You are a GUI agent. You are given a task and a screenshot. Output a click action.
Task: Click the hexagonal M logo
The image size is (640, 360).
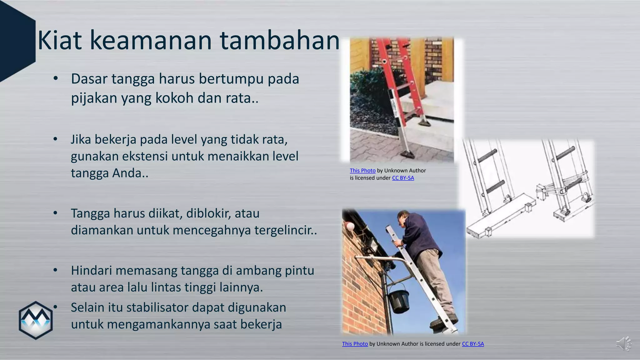36,320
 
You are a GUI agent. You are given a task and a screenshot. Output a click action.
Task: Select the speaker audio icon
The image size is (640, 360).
624,344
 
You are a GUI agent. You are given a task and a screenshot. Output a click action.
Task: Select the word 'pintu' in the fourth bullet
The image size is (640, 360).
299,270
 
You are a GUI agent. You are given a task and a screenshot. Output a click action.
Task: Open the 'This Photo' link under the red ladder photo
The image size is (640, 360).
362,171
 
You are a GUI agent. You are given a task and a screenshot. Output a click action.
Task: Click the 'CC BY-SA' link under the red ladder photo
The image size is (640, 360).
403,178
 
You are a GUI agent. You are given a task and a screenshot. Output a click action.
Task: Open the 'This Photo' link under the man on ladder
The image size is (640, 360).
355,344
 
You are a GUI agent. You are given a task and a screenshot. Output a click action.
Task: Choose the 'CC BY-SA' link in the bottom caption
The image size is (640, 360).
473,344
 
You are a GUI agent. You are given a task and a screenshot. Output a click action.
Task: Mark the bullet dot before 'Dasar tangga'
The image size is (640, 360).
55,79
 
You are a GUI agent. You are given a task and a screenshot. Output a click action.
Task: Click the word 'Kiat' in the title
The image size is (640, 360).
59,41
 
